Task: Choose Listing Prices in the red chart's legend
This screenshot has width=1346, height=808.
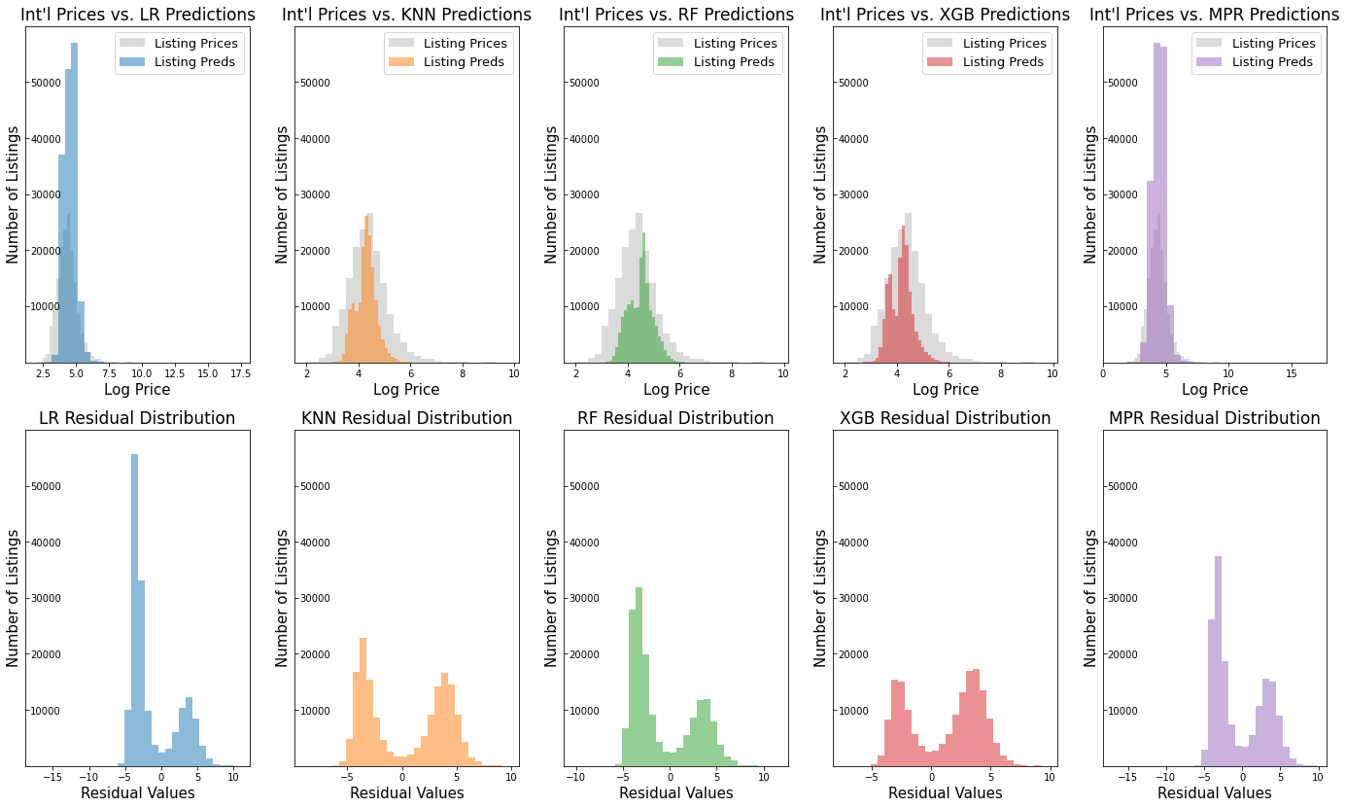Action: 1000,44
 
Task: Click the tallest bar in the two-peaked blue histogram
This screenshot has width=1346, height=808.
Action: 134,603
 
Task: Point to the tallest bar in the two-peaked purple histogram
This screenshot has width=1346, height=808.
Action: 1218,661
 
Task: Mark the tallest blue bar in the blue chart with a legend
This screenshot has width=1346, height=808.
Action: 74,194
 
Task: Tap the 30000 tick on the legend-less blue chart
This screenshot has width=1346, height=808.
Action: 46,599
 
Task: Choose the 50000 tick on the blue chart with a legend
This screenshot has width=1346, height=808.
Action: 46,83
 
